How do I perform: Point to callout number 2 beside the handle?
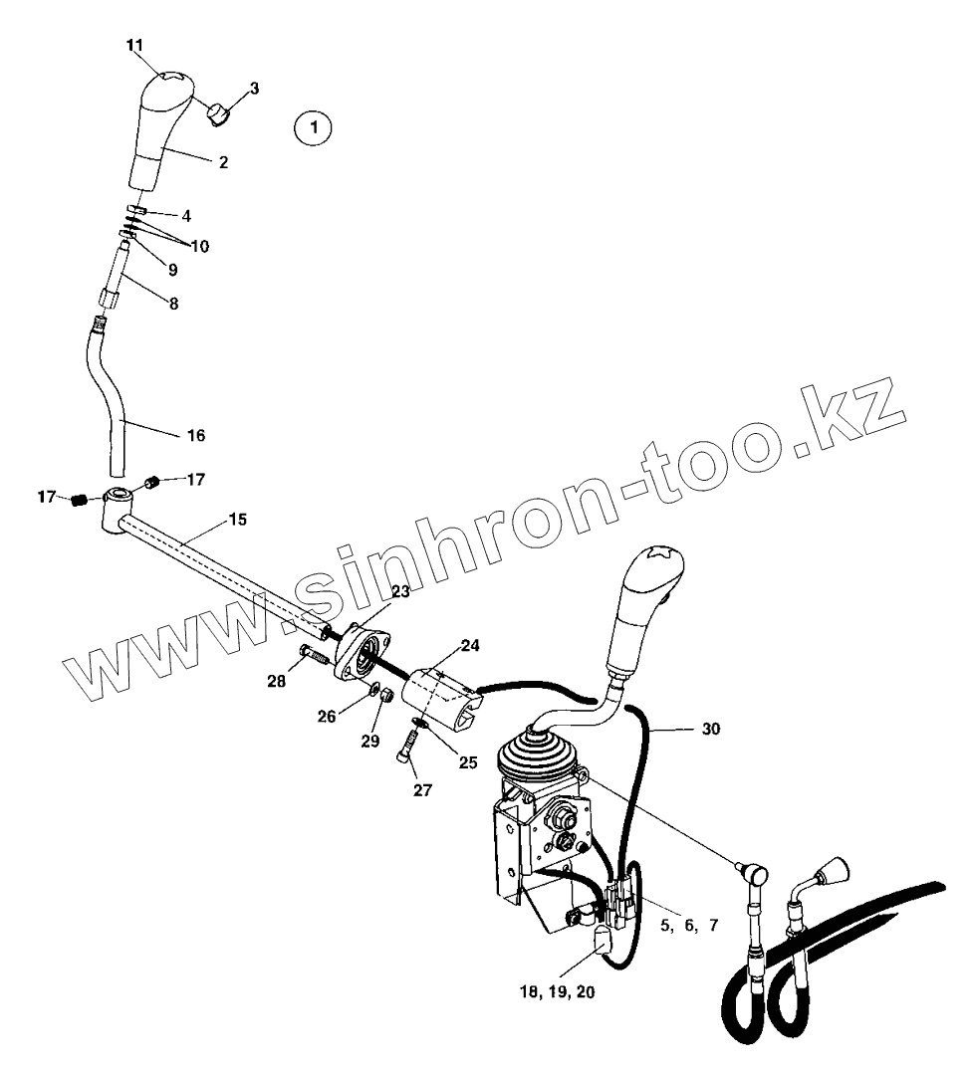pos(223,162)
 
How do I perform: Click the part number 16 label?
pos(196,435)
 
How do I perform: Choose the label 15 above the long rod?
pos(238,520)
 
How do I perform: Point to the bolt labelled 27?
pos(407,747)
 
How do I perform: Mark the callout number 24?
pos(469,645)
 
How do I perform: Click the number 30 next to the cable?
pos(710,729)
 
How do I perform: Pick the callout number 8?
pos(173,304)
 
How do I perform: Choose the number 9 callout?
pos(172,270)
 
